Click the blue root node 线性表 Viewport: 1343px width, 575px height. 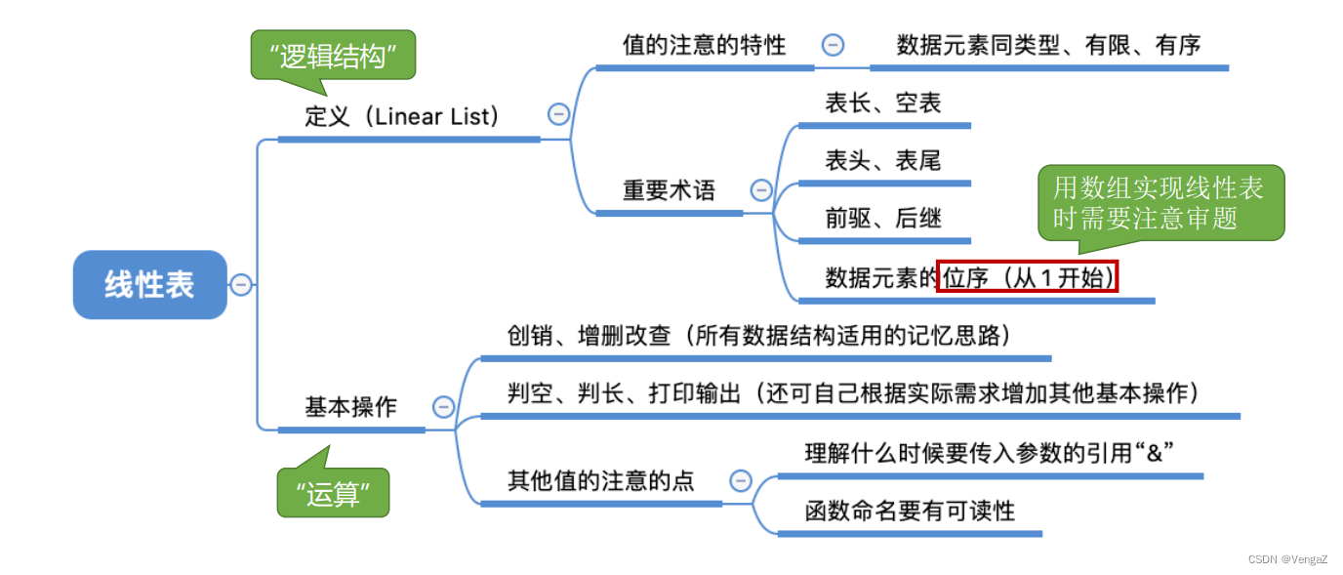point(149,285)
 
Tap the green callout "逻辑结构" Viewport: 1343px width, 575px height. point(332,57)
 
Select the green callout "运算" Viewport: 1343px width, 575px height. point(334,494)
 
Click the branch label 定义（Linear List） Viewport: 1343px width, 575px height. point(402,117)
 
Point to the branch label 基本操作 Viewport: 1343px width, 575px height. point(350,407)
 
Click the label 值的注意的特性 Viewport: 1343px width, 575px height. point(704,45)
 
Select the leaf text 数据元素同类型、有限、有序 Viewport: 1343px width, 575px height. point(1048,45)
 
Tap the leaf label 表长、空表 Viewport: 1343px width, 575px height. point(882,103)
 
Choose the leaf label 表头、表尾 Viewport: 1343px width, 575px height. point(882,160)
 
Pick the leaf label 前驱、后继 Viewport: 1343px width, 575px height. point(882,218)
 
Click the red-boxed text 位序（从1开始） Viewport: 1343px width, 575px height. point(1027,277)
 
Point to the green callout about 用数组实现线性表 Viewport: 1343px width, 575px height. point(1160,202)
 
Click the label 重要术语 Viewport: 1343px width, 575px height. point(669,190)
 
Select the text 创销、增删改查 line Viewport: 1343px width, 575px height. point(757,336)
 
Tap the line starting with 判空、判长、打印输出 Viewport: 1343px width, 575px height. point(852,393)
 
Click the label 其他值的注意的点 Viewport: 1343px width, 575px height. point(600,480)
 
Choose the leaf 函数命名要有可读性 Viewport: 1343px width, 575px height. point(910,510)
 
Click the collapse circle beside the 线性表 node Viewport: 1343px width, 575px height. point(241,285)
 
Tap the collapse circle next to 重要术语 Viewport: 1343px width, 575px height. point(761,190)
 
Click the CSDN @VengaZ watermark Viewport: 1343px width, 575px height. point(1287,558)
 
